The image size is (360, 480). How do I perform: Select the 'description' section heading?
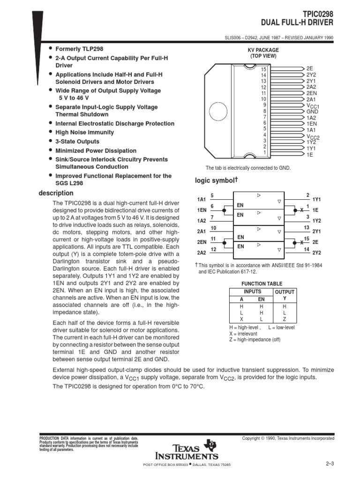pyautogui.click(x=56, y=193)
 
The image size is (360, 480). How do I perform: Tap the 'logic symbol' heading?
pyautogui.click(x=214, y=180)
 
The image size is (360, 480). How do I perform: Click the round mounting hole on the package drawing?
pyautogui.click(x=220, y=112)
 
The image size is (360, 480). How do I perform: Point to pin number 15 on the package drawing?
pyautogui.click(x=263, y=69)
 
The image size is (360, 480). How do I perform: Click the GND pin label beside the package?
pyautogui.click(x=312, y=112)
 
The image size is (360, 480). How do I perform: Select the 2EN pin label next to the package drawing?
pyautogui.click(x=312, y=93)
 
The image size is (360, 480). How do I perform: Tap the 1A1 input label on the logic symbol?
pyautogui.click(x=202, y=199)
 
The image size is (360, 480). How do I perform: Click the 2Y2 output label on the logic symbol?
pyautogui.click(x=316, y=253)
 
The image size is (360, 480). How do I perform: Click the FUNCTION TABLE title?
pyautogui.click(x=262, y=284)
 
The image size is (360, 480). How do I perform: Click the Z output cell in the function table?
pyautogui.click(x=284, y=319)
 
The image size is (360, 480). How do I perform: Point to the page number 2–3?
pyautogui.click(x=329, y=464)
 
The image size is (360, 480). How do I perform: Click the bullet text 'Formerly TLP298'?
pyautogui.click(x=79, y=49)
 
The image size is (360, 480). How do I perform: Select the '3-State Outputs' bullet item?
pyautogui.click(x=77, y=142)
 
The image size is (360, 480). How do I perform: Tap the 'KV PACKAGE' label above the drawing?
pyautogui.click(x=263, y=50)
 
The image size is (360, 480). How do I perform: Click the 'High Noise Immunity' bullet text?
pyautogui.click(x=84, y=133)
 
